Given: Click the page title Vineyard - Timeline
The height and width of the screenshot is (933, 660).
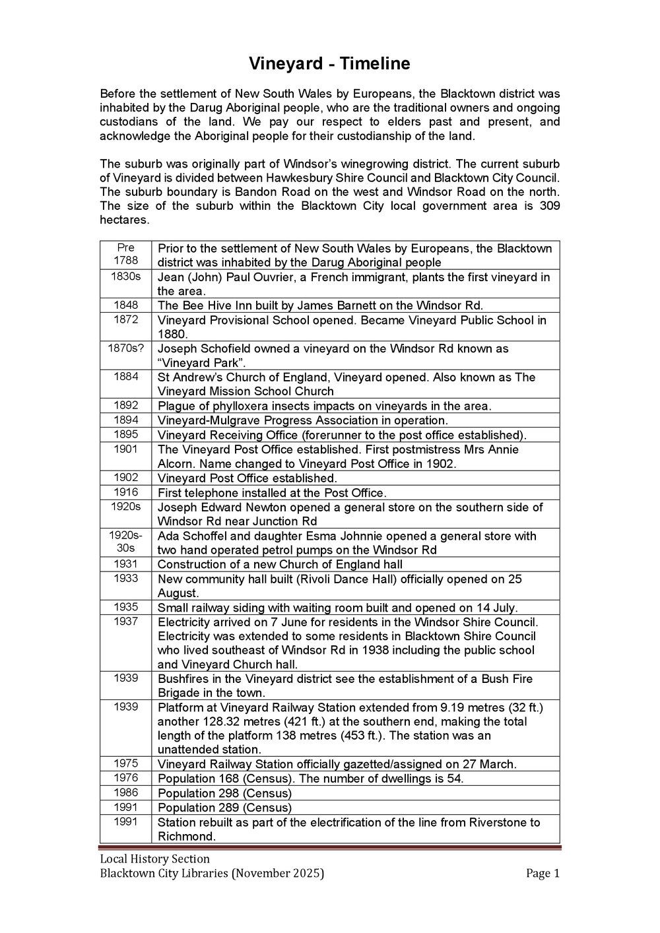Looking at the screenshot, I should pyautogui.click(x=329, y=63).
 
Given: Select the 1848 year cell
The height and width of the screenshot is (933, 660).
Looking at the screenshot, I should pyautogui.click(x=125, y=305).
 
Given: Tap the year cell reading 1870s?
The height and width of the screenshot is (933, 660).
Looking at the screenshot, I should pyautogui.click(x=125, y=348).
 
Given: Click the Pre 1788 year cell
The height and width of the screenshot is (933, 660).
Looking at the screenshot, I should pyautogui.click(x=125, y=254).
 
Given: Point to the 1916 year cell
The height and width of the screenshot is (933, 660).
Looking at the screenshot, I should pyautogui.click(x=125, y=492).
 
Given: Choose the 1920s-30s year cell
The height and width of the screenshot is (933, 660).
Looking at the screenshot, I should pyautogui.click(x=125, y=542).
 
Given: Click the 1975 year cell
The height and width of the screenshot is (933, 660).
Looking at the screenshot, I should pyautogui.click(x=125, y=763).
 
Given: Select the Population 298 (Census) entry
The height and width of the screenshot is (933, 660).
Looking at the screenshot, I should pyautogui.click(x=224, y=793).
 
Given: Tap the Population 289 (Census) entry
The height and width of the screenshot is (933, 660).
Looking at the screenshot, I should pyautogui.click(x=224, y=808).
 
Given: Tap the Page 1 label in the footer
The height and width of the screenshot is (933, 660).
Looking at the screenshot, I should pyautogui.click(x=543, y=874).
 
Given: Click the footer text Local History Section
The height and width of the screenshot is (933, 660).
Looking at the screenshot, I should pyautogui.click(x=154, y=858).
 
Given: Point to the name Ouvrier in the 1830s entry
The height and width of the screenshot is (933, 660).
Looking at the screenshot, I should pyautogui.click(x=274, y=276).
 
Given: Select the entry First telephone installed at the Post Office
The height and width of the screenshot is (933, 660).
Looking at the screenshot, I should pyautogui.click(x=271, y=493).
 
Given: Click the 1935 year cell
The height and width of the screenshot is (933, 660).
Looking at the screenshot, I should pyautogui.click(x=125, y=607).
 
